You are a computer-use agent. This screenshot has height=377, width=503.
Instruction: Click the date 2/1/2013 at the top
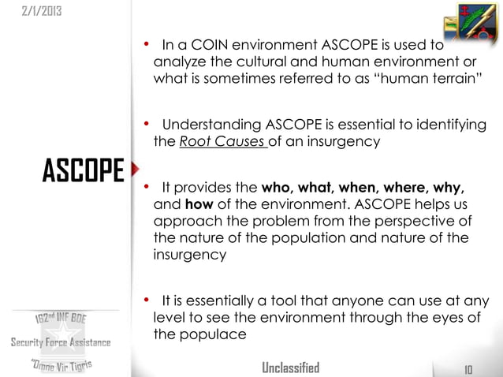point(33,12)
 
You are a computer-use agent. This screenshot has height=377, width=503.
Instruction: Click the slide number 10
point(468,368)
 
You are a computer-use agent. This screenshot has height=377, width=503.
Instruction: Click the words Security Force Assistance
point(60,342)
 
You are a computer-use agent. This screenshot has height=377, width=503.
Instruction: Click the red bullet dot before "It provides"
point(147,188)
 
